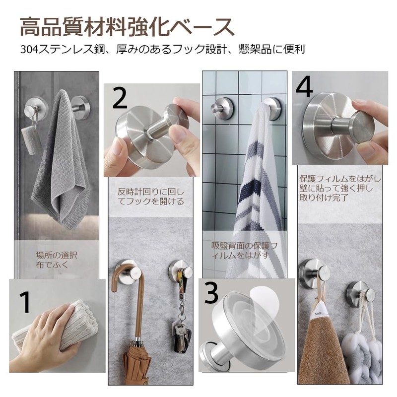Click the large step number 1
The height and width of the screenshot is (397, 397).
click(x=26, y=302)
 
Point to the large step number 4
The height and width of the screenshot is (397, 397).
click(x=305, y=86)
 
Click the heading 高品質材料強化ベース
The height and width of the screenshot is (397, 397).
click(x=127, y=27)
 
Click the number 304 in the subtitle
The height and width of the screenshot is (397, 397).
click(x=29, y=49)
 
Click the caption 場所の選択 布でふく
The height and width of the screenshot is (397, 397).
click(x=57, y=260)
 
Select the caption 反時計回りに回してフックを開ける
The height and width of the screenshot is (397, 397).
click(x=151, y=197)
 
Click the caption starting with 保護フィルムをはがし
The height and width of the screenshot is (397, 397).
click(x=340, y=188)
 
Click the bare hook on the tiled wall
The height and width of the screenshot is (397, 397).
click(x=221, y=109)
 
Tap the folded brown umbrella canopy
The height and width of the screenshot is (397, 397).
click(x=137, y=365)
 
